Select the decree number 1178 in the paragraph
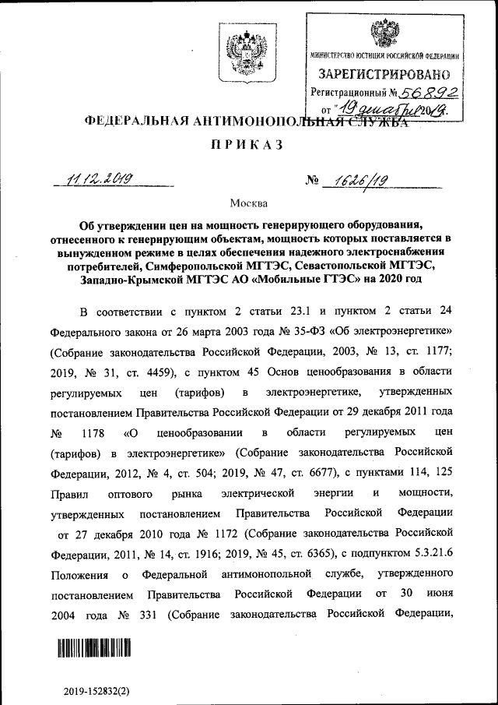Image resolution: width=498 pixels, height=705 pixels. [x=92, y=432]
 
